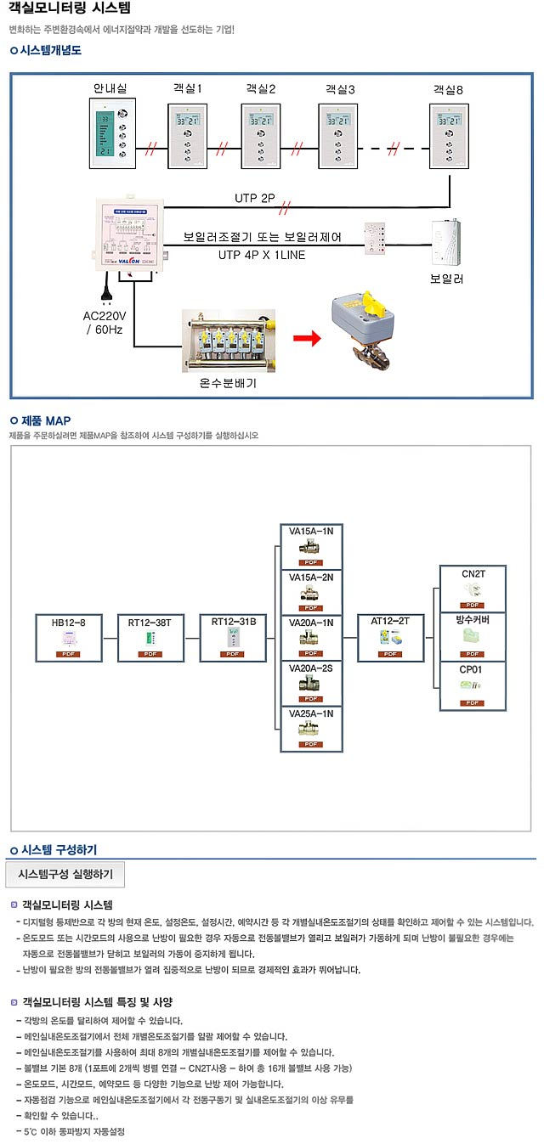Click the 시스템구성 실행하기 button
tap(65, 873)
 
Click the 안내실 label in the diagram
tap(110, 88)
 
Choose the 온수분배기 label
tap(228, 383)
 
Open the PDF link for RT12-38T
tap(152, 653)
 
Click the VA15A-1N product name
tap(311, 532)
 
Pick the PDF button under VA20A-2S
tap(311, 698)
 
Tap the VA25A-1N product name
tap(311, 713)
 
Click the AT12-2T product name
tap(390, 621)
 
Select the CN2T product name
tap(473, 574)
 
